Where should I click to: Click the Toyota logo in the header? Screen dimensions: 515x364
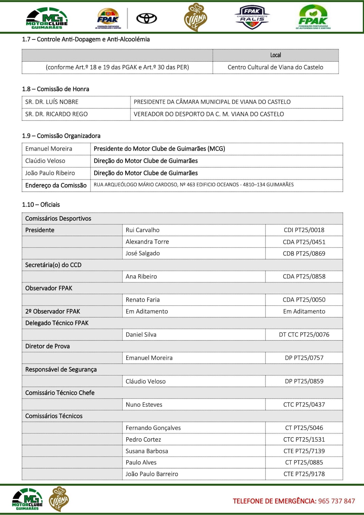tap(146, 19)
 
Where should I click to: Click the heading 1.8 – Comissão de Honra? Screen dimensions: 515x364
tap(56, 89)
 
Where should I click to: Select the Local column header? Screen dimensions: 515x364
tap(275, 55)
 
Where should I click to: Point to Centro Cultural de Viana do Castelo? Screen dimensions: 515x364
tap(275, 67)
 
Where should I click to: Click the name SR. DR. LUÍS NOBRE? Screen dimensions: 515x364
tap(52, 102)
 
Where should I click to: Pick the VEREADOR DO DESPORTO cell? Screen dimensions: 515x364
tap(209, 114)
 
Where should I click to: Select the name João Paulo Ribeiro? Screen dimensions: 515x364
tap(50, 173)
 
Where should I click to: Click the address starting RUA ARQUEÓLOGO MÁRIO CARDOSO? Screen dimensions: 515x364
tap(193, 185)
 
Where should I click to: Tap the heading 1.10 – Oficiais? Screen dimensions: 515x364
tap(41, 205)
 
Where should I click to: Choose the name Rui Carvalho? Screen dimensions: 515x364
tap(142, 230)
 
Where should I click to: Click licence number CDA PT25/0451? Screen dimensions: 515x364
tap(304, 242)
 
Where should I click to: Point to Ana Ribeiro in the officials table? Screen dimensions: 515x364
tap(141, 277)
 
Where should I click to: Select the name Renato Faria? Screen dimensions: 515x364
tap(143, 300)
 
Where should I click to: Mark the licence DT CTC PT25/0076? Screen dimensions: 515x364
tap(304, 335)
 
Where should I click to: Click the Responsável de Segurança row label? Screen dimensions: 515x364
tap(61, 370)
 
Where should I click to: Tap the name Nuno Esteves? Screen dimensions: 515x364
tap(144, 405)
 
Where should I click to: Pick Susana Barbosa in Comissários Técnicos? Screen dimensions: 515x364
tap(147, 451)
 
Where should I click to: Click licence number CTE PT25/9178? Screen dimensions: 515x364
tap(304, 474)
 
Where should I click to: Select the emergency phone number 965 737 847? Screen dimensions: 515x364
tap(336, 501)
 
